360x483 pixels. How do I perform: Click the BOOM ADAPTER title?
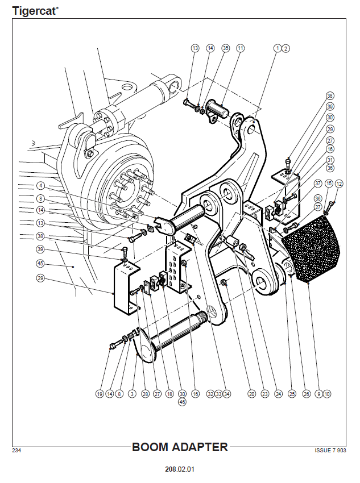click(x=180, y=447)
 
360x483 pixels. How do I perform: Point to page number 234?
click(x=16, y=451)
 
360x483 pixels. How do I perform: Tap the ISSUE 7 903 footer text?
click(x=330, y=451)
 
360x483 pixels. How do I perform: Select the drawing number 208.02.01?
click(x=180, y=470)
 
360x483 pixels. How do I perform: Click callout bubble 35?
click(x=225, y=49)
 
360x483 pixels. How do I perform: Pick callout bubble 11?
click(x=240, y=49)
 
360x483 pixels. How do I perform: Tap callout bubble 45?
click(x=40, y=264)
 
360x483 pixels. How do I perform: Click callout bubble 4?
click(x=40, y=186)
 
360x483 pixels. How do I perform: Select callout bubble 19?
click(x=100, y=393)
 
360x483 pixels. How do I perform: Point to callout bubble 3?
click(x=131, y=393)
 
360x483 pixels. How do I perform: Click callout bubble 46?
click(x=182, y=402)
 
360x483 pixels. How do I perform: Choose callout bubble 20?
click(x=251, y=393)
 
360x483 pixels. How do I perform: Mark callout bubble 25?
click(x=292, y=393)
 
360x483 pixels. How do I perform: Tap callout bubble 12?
click(x=340, y=183)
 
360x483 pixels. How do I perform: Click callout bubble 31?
click(x=330, y=160)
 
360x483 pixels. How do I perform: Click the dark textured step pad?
click(x=312, y=250)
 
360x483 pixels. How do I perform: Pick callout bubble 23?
click(x=265, y=393)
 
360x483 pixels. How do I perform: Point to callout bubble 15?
click(x=329, y=183)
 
